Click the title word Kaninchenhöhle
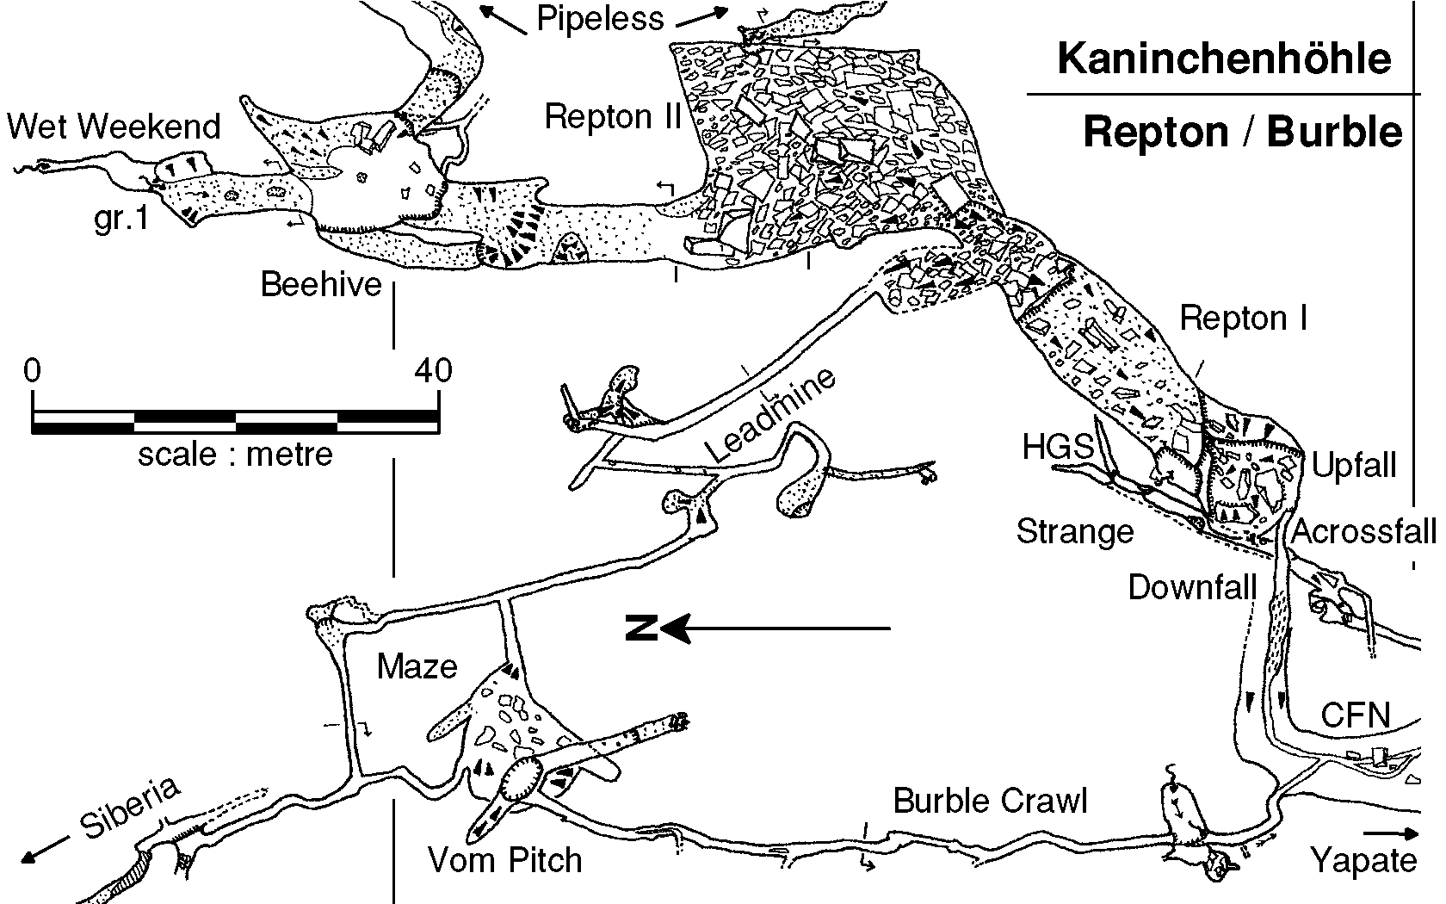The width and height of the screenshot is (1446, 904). (x=1223, y=59)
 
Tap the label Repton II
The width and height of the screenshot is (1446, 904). (x=612, y=116)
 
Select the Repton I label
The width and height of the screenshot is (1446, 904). (x=1243, y=319)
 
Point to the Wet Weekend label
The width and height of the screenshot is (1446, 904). (x=114, y=127)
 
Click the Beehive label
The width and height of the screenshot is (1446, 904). (x=321, y=284)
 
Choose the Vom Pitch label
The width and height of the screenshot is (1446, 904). (x=505, y=859)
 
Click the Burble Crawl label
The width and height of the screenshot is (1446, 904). (x=990, y=801)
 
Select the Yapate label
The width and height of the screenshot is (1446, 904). (x=1363, y=860)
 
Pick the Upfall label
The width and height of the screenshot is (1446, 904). (x=1354, y=466)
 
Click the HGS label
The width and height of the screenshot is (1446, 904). (x=1057, y=447)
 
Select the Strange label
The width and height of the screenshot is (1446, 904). (x=1075, y=531)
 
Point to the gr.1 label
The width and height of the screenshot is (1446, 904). (x=121, y=220)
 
